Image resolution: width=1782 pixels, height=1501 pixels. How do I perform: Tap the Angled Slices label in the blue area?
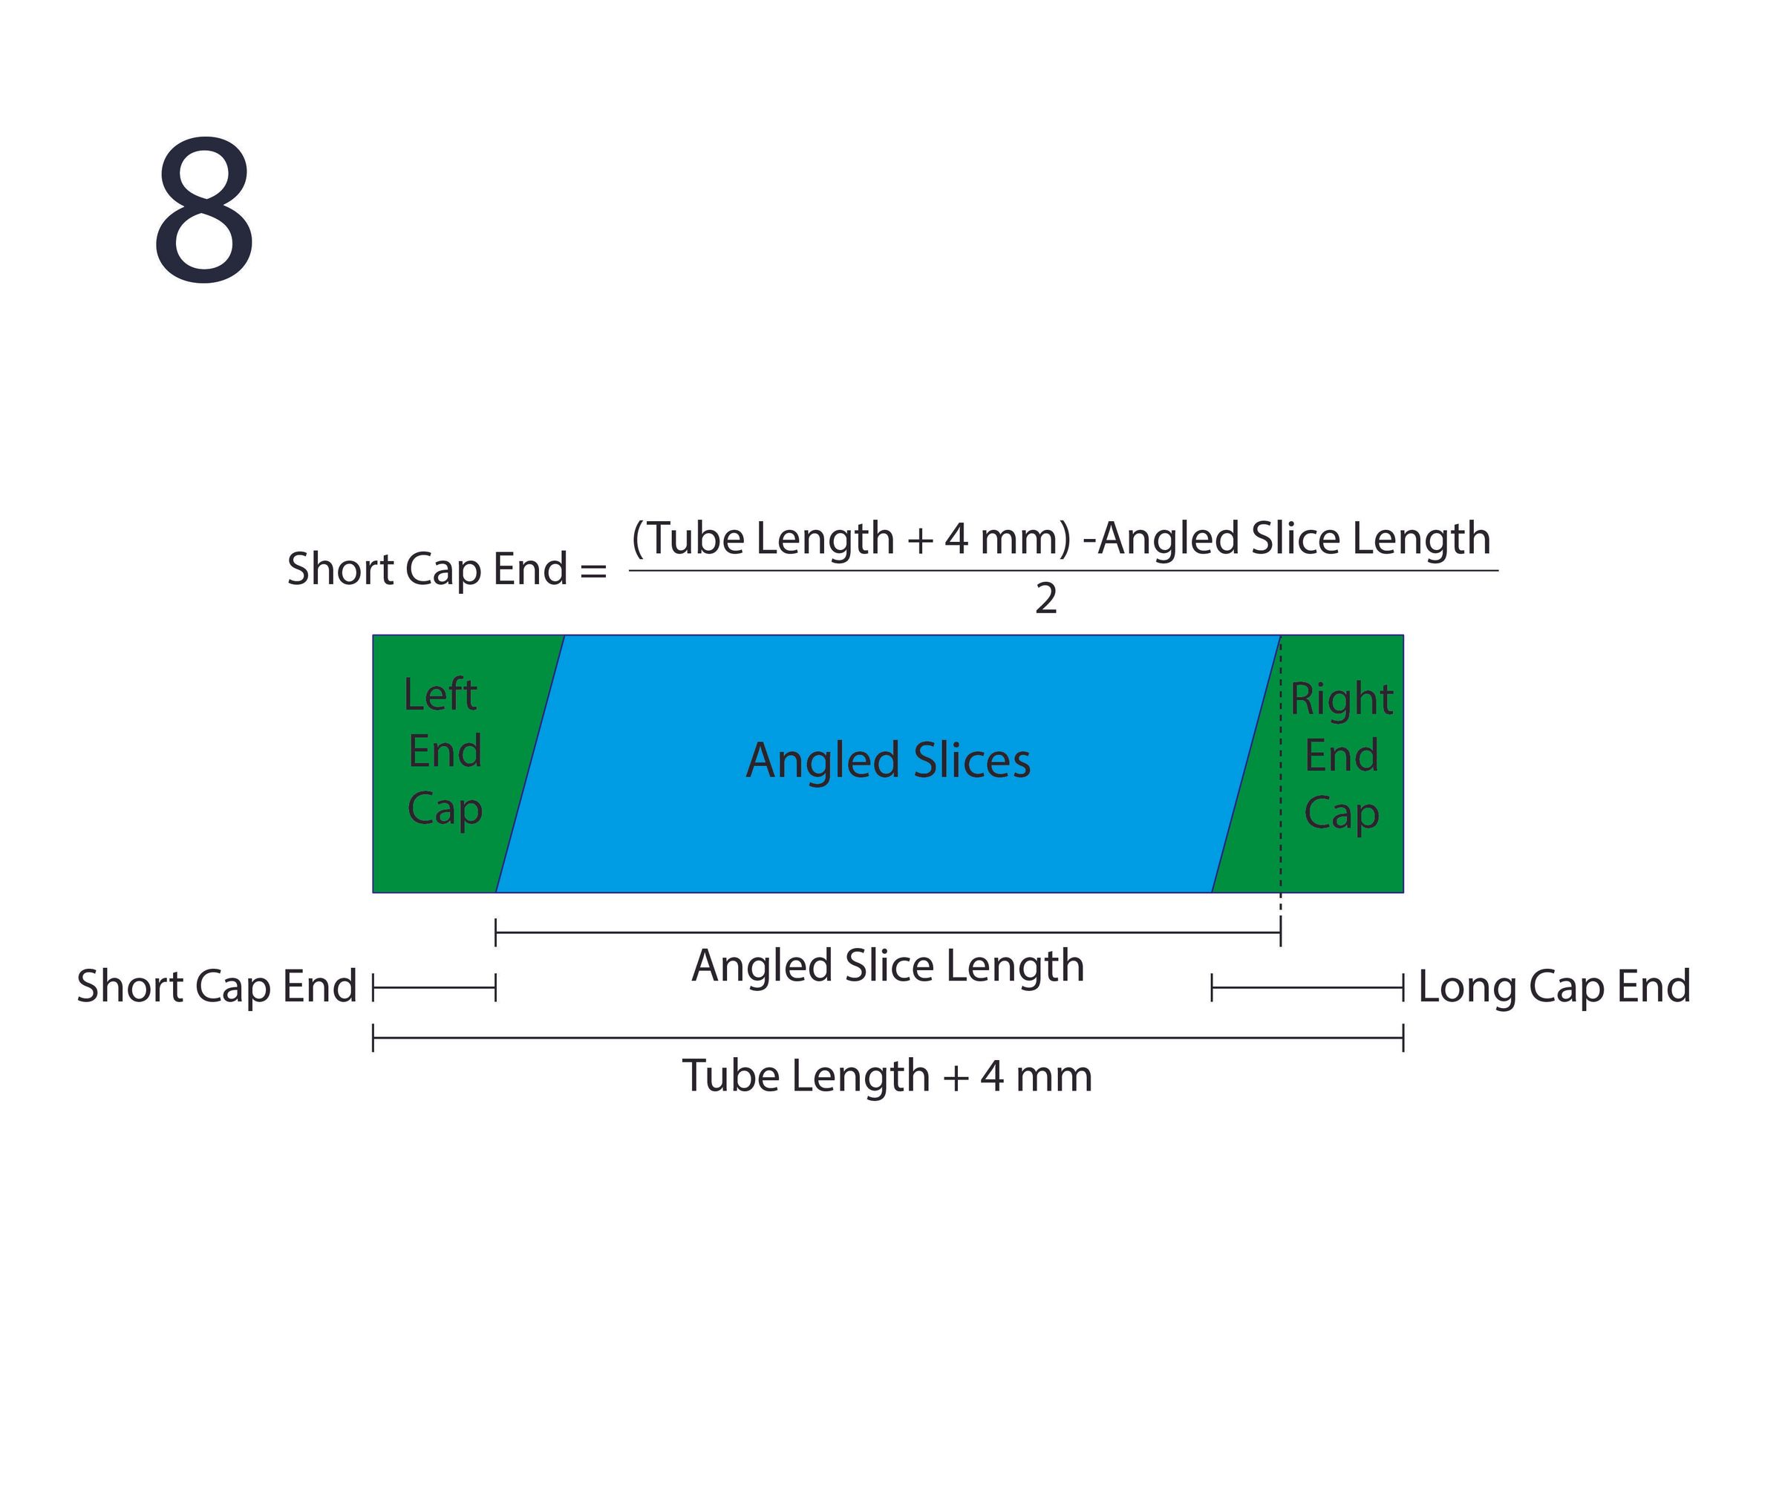pos(889,762)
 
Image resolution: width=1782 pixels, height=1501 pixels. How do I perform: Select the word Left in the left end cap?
pos(440,694)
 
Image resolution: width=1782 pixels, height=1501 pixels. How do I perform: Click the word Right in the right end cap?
pos(1341,700)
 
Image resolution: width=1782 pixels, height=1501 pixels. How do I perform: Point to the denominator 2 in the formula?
pos(1046,599)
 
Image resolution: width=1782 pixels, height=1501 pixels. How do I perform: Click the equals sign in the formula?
pos(593,570)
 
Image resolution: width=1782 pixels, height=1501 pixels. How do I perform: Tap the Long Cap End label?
pos(1554,987)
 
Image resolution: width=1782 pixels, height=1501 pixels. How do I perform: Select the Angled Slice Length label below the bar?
pos(889,967)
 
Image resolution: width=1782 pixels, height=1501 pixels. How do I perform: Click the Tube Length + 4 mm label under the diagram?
pos(887,1076)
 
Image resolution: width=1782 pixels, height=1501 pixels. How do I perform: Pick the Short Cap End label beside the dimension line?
pos(217,987)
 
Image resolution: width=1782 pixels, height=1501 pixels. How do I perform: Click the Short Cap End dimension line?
pos(434,988)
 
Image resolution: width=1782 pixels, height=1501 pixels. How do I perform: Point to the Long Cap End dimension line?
pos(1307,988)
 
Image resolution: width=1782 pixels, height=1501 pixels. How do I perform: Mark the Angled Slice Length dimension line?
pos(887,932)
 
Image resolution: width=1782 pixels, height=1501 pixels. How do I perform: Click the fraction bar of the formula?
pos(1063,571)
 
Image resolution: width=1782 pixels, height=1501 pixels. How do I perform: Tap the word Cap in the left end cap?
pos(444,810)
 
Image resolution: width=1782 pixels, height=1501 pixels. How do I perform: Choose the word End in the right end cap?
pos(1341,756)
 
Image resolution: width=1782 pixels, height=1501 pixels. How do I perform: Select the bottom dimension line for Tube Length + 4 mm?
pos(887,1038)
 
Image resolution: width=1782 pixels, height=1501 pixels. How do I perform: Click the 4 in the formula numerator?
pos(956,540)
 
